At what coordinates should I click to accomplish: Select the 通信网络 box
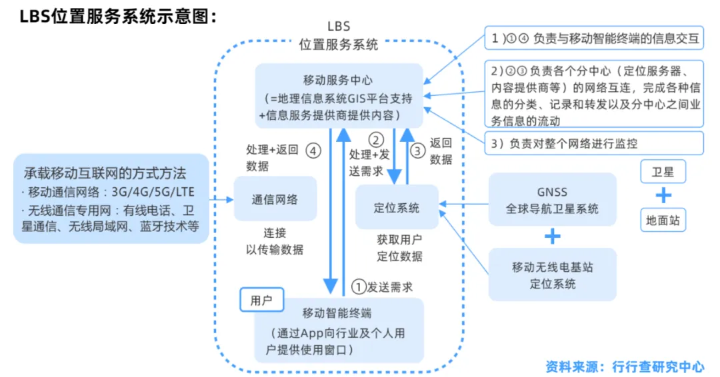(275, 199)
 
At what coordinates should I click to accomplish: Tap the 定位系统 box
(397, 208)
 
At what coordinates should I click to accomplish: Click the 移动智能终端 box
(338, 330)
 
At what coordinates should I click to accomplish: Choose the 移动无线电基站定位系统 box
(552, 275)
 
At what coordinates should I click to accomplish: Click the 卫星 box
(663, 172)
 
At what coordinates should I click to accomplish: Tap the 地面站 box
(663, 220)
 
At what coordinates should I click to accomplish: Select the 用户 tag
(261, 300)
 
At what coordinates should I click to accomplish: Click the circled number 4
(313, 151)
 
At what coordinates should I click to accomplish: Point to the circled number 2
(377, 140)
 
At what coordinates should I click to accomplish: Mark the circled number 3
(417, 151)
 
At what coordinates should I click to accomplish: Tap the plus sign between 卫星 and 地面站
(663, 196)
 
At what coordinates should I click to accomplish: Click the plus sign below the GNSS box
(553, 236)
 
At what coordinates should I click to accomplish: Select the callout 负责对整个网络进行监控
(594, 143)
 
